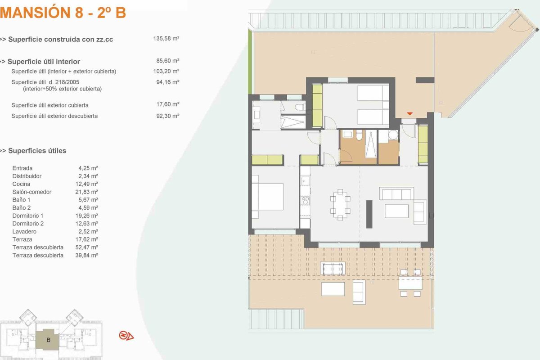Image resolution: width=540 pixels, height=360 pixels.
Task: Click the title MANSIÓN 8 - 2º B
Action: pyautogui.click(x=63, y=13)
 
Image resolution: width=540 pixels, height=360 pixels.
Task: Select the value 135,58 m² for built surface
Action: pyautogui.click(x=166, y=39)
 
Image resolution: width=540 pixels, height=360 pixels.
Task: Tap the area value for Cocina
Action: pyautogui.click(x=86, y=184)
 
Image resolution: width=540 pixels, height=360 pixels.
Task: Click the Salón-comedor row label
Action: pyautogui.click(x=32, y=192)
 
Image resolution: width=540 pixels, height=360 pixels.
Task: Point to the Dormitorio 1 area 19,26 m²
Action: pyautogui.click(x=86, y=216)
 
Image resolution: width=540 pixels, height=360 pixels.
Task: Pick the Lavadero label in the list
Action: pyautogui.click(x=24, y=231)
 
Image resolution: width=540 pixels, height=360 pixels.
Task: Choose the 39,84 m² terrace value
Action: pyautogui.click(x=86, y=255)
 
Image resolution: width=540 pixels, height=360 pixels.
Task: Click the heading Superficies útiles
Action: pyautogui.click(x=37, y=151)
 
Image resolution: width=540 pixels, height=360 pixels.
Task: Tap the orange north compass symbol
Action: pyautogui.click(x=126, y=336)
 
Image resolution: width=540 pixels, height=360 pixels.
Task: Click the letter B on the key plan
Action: pyautogui.click(x=49, y=340)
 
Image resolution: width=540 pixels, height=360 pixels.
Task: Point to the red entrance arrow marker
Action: pyautogui.click(x=409, y=113)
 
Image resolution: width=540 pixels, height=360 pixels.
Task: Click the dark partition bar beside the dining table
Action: pyautogui.click(x=369, y=214)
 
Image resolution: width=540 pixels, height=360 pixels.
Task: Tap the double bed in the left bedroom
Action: pyautogui.click(x=268, y=197)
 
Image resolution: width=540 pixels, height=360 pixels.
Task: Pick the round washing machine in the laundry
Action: pyautogui.click(x=393, y=135)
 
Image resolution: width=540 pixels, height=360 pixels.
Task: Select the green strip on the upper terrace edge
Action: pyautogui.click(x=250, y=62)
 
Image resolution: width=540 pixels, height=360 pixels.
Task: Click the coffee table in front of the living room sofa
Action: pyautogui.click(x=396, y=211)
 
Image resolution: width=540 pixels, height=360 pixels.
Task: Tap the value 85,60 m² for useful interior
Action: pyautogui.click(x=167, y=61)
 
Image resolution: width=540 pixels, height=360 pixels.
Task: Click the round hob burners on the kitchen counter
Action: pyautogui.click(x=305, y=200)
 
